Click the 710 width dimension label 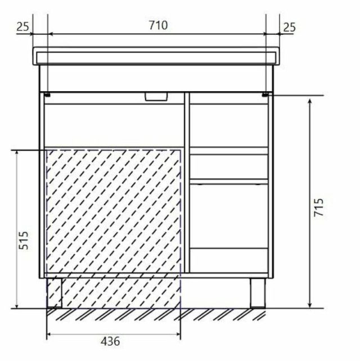158,25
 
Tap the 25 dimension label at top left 23,26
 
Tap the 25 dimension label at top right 289,28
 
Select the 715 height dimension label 318,207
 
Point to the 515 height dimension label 24,240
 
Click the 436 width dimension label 110,341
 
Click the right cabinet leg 258,293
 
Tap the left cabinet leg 55,293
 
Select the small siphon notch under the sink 156,97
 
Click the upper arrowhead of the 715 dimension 310,102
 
